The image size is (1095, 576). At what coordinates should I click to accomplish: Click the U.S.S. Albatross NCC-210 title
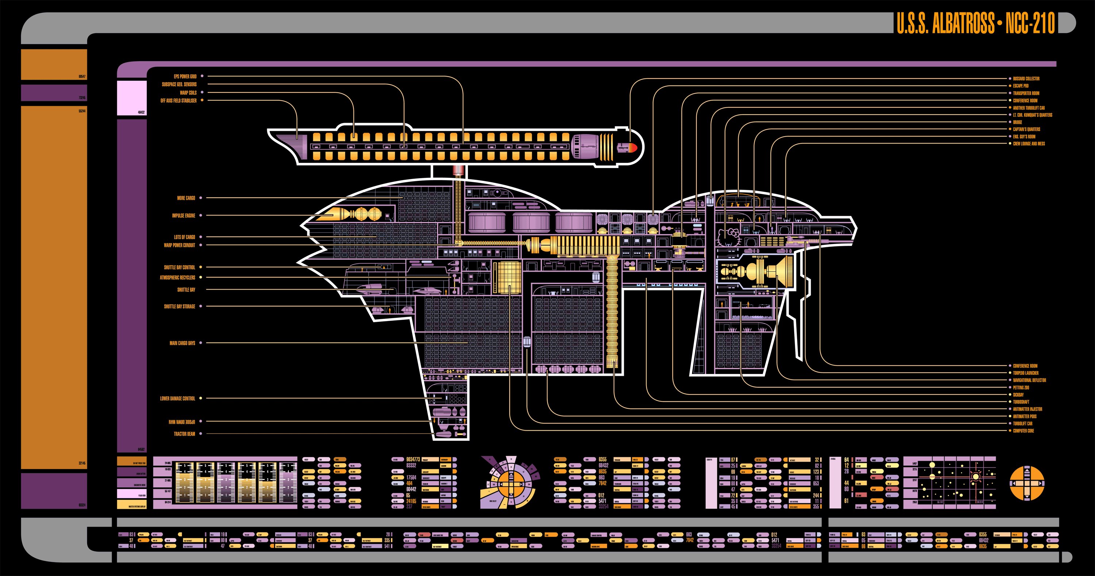coord(976,23)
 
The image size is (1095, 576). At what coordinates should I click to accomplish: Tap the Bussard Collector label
coord(1026,79)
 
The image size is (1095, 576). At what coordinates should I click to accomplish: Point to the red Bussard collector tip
coord(633,148)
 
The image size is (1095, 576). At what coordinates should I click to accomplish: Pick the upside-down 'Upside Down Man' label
coord(181,422)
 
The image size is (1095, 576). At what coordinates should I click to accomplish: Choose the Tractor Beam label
coord(184,434)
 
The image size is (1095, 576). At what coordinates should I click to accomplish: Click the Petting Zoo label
coord(1021,388)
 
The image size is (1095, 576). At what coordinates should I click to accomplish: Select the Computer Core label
coord(1023,431)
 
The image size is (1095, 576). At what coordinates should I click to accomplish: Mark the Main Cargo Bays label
coord(182,343)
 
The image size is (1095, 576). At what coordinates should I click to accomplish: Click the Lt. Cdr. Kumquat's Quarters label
coord(1032,115)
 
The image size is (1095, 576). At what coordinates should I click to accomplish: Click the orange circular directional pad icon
coord(1026,483)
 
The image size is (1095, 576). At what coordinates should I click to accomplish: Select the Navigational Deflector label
coord(1029,380)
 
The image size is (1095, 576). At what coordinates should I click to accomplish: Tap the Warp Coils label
coord(188,93)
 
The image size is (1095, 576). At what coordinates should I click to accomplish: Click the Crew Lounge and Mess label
coord(1028,144)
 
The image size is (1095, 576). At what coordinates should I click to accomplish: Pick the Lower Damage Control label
coord(177,398)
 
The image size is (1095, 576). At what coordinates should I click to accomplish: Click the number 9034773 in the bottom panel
coord(413,459)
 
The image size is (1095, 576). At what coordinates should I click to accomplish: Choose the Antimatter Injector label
coord(1027,409)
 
